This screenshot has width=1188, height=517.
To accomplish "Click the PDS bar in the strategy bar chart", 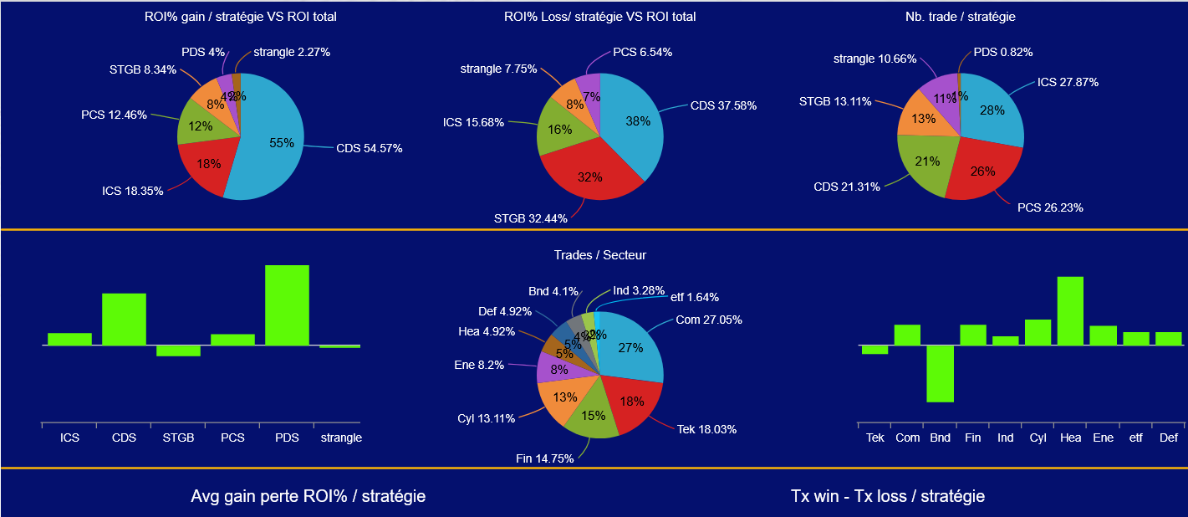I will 287,305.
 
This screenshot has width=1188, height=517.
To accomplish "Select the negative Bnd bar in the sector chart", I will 940,373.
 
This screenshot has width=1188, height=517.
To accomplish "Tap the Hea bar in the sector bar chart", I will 1070,310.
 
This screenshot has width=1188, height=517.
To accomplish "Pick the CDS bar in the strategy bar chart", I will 124,319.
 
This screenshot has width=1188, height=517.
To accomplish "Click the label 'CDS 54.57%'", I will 369,149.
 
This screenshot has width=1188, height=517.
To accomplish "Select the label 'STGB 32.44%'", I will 530,219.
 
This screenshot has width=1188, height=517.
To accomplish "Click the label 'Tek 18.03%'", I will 706,429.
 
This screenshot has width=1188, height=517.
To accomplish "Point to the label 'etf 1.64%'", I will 695,297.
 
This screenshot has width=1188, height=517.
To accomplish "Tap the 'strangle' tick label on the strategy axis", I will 341,438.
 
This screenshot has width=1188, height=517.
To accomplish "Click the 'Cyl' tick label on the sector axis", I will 1038,438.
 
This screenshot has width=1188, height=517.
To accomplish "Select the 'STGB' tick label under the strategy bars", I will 178,438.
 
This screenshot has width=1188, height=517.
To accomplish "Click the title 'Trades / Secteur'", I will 599,254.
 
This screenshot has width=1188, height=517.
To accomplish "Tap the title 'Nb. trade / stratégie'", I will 960,17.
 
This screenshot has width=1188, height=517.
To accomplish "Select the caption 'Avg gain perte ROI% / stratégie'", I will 308,496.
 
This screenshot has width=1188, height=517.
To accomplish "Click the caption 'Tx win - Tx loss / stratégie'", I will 887,496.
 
